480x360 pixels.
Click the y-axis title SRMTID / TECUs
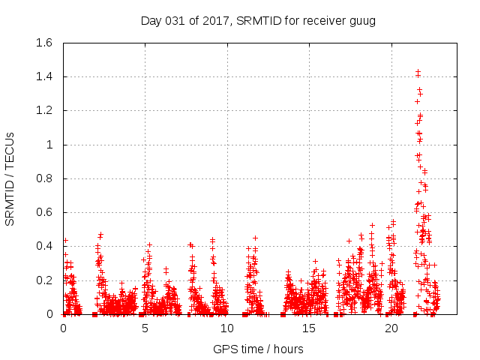pyautogui.click(x=10, y=178)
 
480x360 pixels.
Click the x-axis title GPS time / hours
pyautogui.click(x=258, y=349)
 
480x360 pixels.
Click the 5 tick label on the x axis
pyautogui.click(x=145, y=328)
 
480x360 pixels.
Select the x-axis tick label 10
pyautogui.click(x=226, y=328)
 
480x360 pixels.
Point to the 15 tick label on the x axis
pyautogui.click(x=308, y=328)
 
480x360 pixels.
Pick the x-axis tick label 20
pyautogui.click(x=390, y=328)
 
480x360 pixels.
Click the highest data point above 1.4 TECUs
pyautogui.click(x=418, y=71)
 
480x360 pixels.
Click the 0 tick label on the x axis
pyautogui.click(x=63, y=328)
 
